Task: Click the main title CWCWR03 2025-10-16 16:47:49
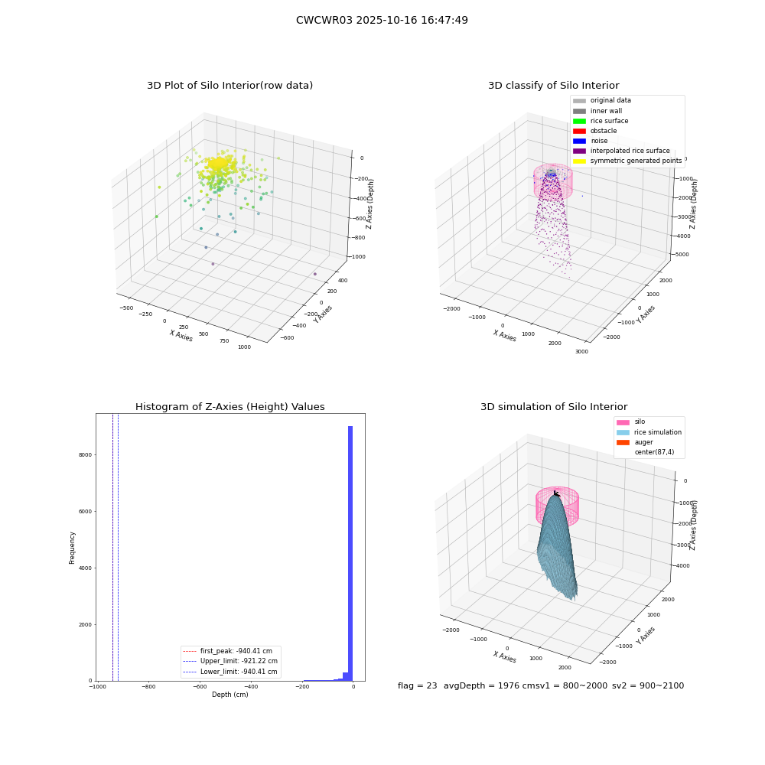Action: point(382,20)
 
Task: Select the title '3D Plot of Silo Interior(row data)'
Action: point(229,86)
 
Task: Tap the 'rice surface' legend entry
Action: point(601,121)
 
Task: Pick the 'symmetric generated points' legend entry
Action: point(627,161)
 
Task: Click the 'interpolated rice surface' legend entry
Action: point(621,151)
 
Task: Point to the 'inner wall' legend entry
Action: point(597,111)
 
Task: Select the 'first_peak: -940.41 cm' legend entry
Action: point(227,651)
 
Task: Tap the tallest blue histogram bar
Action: point(350,553)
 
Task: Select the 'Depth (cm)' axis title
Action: point(230,695)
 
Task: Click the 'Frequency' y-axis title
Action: point(72,548)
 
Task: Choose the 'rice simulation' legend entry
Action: point(649,432)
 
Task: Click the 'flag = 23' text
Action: point(417,685)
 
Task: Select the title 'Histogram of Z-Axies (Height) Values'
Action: point(229,407)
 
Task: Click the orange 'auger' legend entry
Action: point(634,442)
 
